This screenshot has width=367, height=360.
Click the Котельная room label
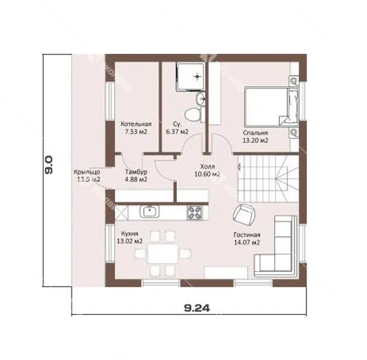136,124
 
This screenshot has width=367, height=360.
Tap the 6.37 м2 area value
177,132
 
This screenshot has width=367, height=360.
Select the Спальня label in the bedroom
256,133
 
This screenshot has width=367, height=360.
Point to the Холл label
207,167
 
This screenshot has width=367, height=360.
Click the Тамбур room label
136,172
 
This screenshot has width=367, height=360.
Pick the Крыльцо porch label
87,172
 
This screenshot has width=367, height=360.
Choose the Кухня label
130,234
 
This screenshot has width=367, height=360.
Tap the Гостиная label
247,235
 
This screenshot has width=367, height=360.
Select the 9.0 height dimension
49,165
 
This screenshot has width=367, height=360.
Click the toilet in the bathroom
193,115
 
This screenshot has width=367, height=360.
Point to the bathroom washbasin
200,99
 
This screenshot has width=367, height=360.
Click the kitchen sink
150,212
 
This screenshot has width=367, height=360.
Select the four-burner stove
194,213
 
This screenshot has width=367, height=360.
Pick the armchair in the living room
244,215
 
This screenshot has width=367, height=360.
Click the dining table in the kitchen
163,254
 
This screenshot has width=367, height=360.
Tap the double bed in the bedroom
271,107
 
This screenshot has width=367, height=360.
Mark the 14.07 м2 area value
247,242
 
